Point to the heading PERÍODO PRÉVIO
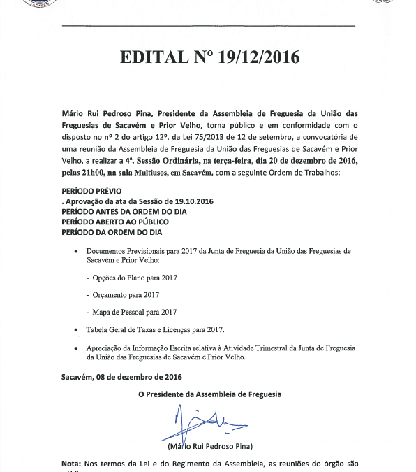91,191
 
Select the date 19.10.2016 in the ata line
186,201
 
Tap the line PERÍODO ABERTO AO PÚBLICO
115,222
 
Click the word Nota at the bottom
70,463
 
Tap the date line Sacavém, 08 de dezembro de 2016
121,377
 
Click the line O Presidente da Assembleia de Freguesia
209,394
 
